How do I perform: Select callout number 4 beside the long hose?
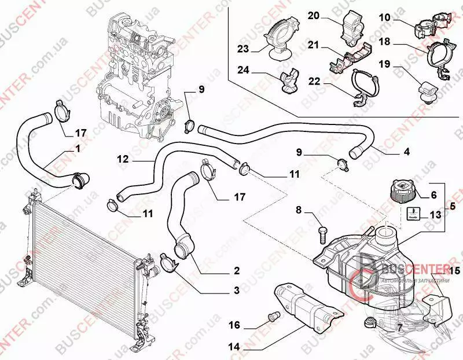[x=407, y=153]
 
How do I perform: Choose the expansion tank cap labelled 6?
[x=399, y=192]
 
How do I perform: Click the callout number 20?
[x=313, y=15]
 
